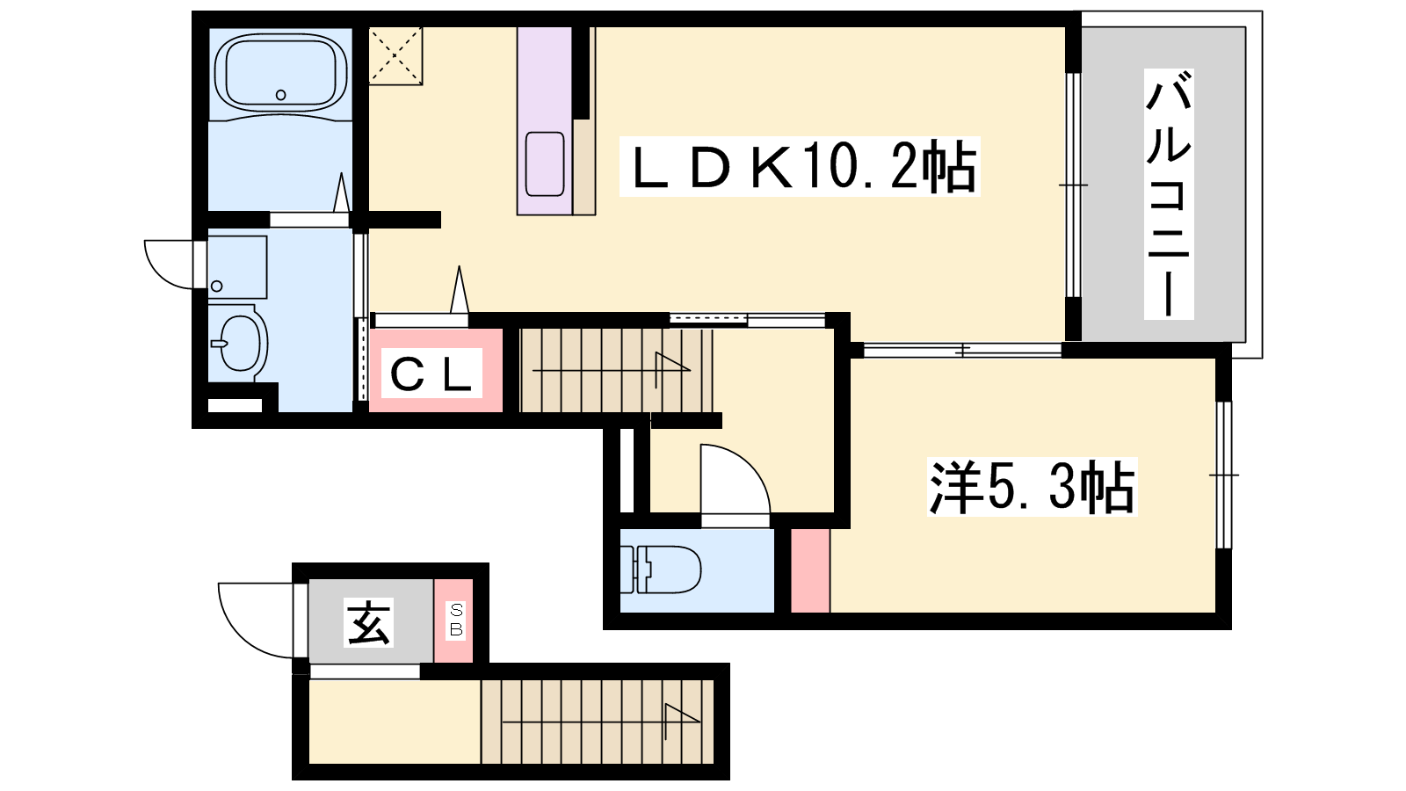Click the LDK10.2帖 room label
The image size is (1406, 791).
tap(800, 166)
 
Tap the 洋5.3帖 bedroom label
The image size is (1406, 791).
tap(1032, 487)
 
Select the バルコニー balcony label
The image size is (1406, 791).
tap(1168, 194)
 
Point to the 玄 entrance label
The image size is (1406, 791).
tap(368, 622)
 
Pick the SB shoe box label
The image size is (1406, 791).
tap(456, 620)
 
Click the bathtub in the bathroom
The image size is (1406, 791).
tap(280, 74)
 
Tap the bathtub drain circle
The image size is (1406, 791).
tap(281, 95)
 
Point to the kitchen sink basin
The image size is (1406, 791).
tap(545, 163)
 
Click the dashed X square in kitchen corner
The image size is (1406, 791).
tap(395, 55)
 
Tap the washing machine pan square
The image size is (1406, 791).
tap(237, 267)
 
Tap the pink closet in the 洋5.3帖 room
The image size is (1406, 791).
tap(809, 570)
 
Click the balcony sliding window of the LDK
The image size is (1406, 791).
tap(1073, 185)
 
